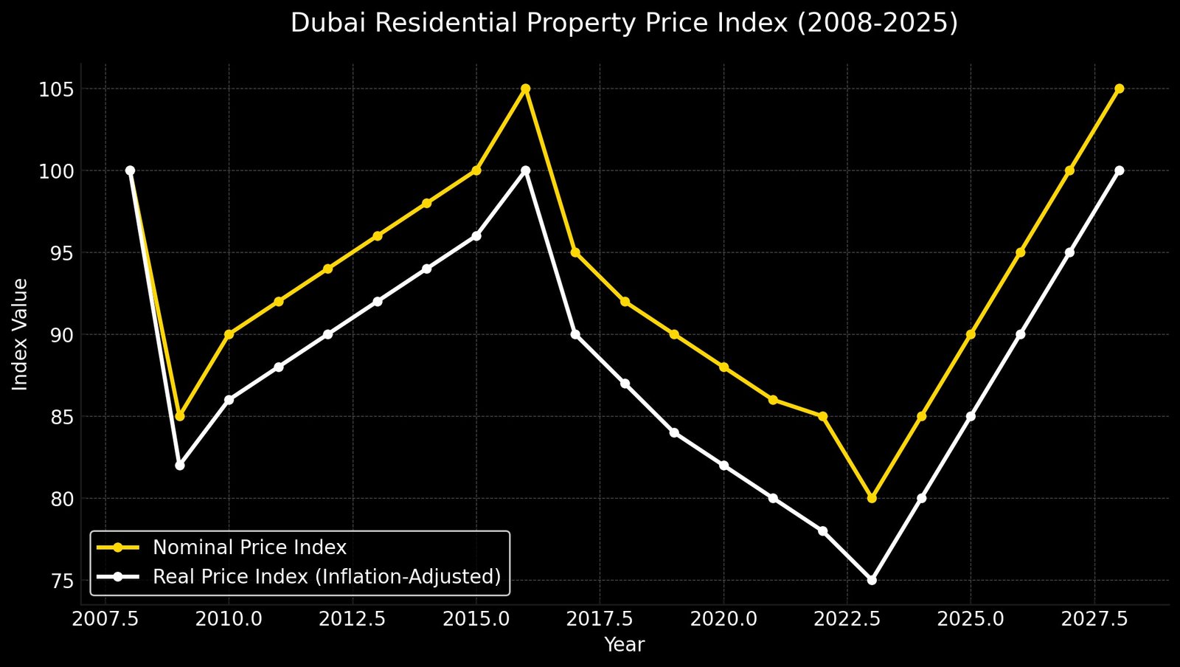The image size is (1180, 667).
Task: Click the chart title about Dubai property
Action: coord(624,24)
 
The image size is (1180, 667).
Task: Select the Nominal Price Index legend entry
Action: coord(249,547)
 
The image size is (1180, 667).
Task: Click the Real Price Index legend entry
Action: coord(327,576)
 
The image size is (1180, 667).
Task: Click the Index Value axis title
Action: coord(21,334)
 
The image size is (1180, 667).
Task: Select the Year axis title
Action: coord(624,646)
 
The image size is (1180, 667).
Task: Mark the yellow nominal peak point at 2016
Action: coord(526,89)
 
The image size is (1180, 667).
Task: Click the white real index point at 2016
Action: coord(526,170)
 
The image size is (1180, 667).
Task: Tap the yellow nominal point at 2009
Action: coord(180,416)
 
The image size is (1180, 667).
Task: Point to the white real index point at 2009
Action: coord(180,466)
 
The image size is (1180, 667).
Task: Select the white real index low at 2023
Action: coord(872,580)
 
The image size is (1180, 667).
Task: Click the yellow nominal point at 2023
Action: coord(872,498)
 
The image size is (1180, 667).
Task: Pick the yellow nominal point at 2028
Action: coord(1119,89)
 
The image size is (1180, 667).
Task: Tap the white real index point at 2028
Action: coord(1119,170)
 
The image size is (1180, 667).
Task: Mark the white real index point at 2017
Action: coord(575,334)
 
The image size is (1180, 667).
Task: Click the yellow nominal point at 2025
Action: coord(971,334)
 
